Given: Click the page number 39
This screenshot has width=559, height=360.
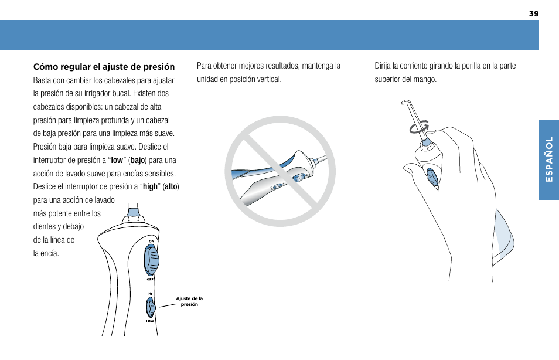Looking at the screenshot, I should tap(533, 13).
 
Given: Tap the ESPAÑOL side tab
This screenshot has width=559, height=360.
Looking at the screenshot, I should tap(549, 160).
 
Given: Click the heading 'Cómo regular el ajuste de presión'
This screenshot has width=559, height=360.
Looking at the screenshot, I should tap(104, 66).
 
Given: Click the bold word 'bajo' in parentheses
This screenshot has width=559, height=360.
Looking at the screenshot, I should tap(138, 160).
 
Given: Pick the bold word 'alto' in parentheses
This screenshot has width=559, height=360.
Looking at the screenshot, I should tap(171, 186).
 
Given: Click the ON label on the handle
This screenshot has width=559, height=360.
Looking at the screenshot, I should tap(151, 242).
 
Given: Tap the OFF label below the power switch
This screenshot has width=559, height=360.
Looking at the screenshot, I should tap(150, 279).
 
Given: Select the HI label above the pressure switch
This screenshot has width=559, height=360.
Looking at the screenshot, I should tap(150, 293).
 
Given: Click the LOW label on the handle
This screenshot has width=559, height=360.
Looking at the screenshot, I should tap(150, 321).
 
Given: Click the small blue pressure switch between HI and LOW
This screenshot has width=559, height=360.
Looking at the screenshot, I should tap(151, 307).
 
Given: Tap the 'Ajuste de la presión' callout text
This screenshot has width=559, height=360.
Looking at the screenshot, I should tap(189, 301).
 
